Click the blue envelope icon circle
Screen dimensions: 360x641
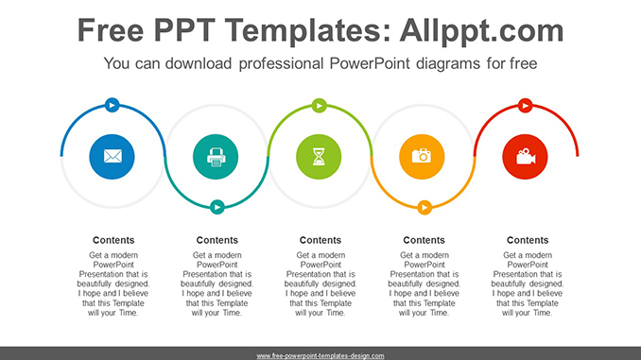click(113, 156)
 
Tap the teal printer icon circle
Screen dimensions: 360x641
click(217, 156)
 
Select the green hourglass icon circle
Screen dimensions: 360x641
click(320, 156)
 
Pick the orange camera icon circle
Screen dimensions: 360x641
click(423, 156)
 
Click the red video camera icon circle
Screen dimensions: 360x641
click(527, 156)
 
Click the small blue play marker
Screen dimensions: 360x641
click(113, 105)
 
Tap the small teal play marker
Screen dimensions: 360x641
click(217, 206)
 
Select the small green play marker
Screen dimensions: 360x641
click(320, 105)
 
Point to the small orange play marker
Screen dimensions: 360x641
click(424, 206)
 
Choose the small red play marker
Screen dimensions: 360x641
click(527, 105)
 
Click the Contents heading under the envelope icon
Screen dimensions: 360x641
click(113, 240)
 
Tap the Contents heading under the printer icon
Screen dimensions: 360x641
click(217, 240)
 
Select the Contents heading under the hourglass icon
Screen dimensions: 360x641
click(320, 240)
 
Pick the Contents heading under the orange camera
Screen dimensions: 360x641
click(424, 240)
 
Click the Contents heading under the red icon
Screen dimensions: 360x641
click(528, 240)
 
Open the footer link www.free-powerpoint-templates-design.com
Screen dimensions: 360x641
click(320, 355)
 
